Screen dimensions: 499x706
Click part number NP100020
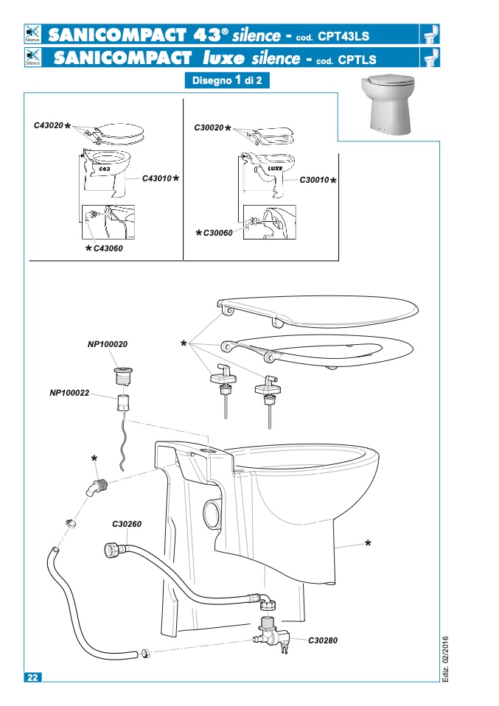coord(107,344)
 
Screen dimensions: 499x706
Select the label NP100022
coord(69,393)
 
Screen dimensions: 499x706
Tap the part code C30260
coord(127,524)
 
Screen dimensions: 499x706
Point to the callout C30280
coord(322,640)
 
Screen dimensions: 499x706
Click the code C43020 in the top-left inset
coord(49,125)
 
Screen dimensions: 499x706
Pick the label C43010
coord(157,178)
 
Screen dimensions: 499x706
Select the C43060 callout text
coord(108,248)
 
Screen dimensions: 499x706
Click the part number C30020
coord(209,127)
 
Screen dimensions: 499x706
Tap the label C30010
coord(314,180)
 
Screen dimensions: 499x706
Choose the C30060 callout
coord(218,233)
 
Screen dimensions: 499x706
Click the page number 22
coord(33,677)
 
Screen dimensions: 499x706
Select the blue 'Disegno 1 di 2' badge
coord(227,80)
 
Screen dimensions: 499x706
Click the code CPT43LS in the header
coord(343,36)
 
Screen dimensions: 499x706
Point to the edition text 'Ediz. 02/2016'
coord(445,658)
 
